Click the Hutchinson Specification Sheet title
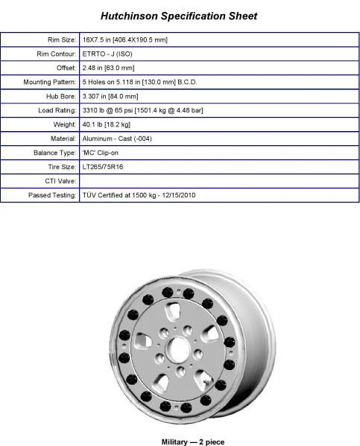(x=179, y=15)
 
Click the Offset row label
(x=65, y=68)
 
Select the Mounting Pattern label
(x=48, y=82)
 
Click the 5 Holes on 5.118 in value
(x=146, y=82)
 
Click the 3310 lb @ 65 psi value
(x=142, y=110)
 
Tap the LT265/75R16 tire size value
(x=104, y=167)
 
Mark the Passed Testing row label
(x=52, y=195)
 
